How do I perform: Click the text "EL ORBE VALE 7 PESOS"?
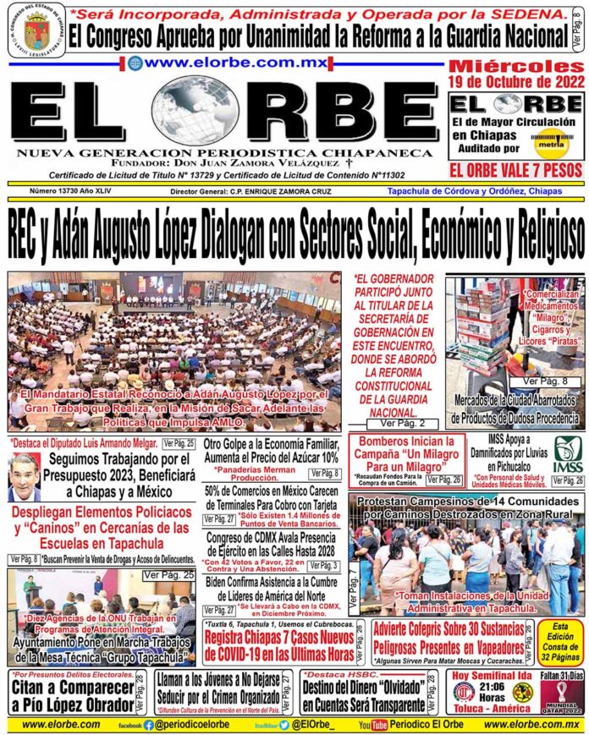click(x=516, y=171)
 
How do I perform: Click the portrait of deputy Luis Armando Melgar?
click(x=24, y=478)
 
